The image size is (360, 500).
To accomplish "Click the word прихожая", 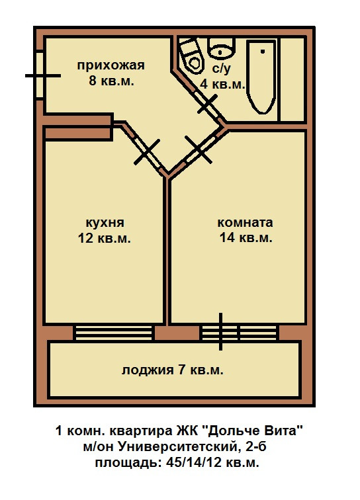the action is (111, 65).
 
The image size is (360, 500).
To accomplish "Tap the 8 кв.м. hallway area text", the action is (111, 81).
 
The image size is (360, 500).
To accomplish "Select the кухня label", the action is (105, 223).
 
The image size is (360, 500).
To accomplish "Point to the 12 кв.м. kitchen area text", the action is (105, 238).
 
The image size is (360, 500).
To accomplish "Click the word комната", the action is (245, 222).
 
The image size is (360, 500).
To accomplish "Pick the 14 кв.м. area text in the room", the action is (246, 237).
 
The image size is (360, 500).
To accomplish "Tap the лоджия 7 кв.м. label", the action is (172, 370).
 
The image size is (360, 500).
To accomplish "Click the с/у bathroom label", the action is (221, 68).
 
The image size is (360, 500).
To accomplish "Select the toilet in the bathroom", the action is (191, 55).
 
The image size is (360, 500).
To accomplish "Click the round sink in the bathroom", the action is (221, 48).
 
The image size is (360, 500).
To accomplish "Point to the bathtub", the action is (261, 77).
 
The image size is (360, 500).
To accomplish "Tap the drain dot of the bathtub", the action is (263, 52).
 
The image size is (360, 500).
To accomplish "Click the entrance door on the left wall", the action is (40, 76).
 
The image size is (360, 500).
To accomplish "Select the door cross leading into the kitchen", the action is (147, 152).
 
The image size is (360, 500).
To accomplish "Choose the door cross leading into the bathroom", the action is (207, 104).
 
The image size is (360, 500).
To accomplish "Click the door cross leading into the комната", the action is (198, 149).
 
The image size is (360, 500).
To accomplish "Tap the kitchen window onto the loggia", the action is (113, 333).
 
